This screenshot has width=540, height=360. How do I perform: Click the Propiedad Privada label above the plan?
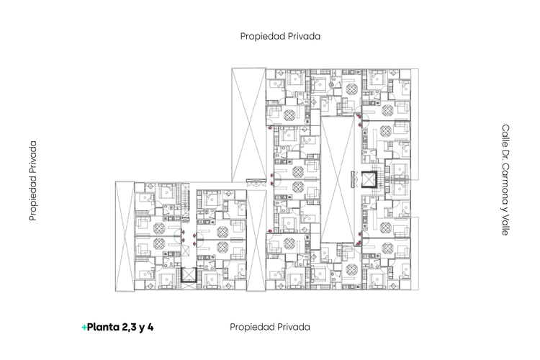click(280, 37)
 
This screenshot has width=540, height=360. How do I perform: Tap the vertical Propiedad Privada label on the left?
click(33, 181)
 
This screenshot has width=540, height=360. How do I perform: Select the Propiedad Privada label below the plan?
click(270, 328)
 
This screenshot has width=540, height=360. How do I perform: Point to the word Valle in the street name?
click(505, 225)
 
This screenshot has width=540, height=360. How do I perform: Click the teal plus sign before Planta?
click(84, 328)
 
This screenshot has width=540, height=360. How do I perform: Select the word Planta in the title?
click(103, 327)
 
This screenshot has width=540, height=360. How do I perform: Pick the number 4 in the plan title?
click(150, 327)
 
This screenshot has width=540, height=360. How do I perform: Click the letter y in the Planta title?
click(141, 328)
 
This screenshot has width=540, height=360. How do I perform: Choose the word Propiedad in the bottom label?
click(249, 328)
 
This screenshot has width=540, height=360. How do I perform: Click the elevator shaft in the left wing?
click(189, 275)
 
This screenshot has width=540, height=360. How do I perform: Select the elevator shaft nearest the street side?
click(369, 179)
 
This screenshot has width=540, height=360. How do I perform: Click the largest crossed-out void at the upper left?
click(248, 125)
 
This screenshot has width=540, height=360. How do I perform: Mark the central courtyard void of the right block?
click(337, 179)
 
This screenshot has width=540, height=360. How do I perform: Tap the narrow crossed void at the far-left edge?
click(125, 236)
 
